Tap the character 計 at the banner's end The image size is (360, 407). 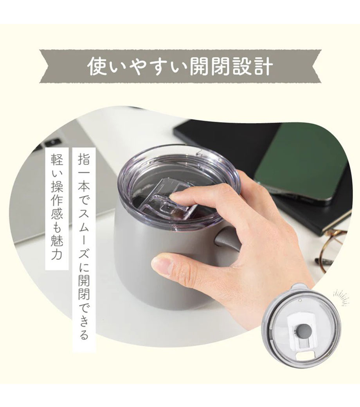pos(263,67)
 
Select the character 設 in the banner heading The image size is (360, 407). pos(243,67)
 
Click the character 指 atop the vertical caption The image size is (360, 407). pos(84,158)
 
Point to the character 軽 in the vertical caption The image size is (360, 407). pos(57,159)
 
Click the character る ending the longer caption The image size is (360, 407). pos(84,334)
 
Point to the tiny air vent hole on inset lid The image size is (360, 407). pos(300,301)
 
